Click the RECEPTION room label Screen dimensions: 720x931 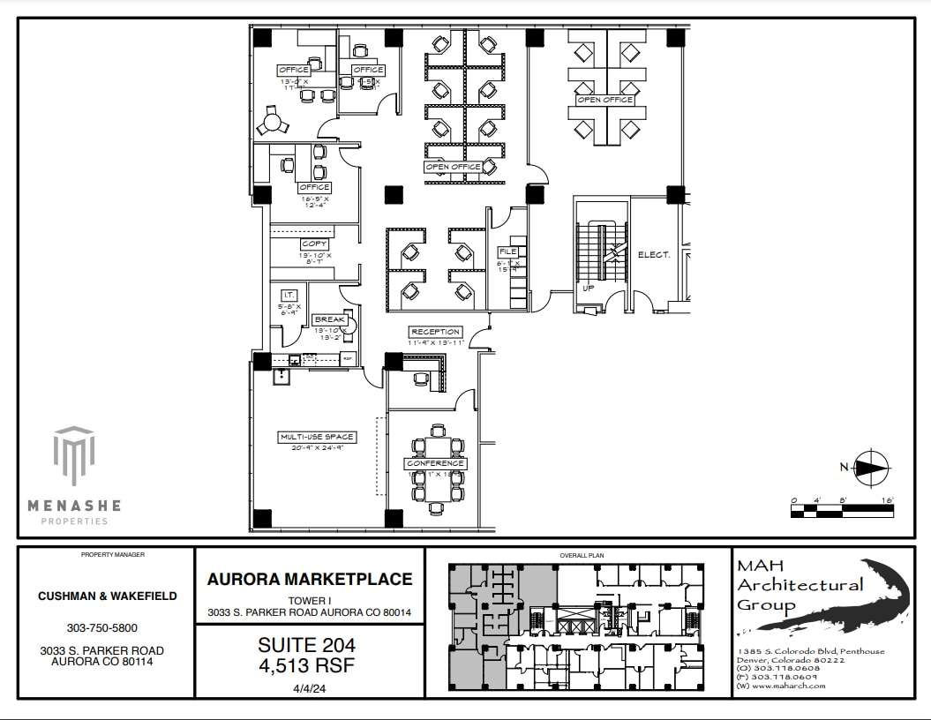click(435, 332)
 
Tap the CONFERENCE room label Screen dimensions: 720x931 click(435, 463)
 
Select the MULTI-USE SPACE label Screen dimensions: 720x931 click(317, 437)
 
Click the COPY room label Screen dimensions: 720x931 click(314, 244)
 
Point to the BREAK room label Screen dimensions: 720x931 click(329, 319)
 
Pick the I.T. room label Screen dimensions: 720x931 click(288, 295)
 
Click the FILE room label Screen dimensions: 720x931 click(507, 251)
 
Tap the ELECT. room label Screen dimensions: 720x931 click(654, 255)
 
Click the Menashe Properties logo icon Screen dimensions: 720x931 click(73, 454)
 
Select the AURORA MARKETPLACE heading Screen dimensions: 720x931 click(310, 580)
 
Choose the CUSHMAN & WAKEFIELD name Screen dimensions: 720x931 click(107, 596)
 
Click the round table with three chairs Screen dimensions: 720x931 click(272, 124)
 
